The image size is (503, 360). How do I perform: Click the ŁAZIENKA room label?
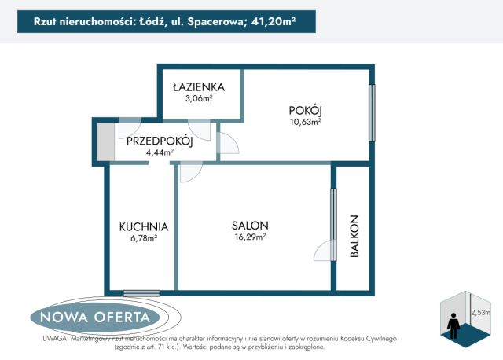(199, 86)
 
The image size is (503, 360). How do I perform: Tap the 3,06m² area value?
(199, 99)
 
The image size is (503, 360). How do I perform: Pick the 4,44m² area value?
(160, 152)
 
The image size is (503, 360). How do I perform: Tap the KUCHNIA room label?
(144, 226)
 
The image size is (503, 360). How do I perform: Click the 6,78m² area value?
(144, 238)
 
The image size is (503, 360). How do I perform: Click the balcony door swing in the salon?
(324, 250)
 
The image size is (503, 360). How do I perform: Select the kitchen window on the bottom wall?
(142, 294)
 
